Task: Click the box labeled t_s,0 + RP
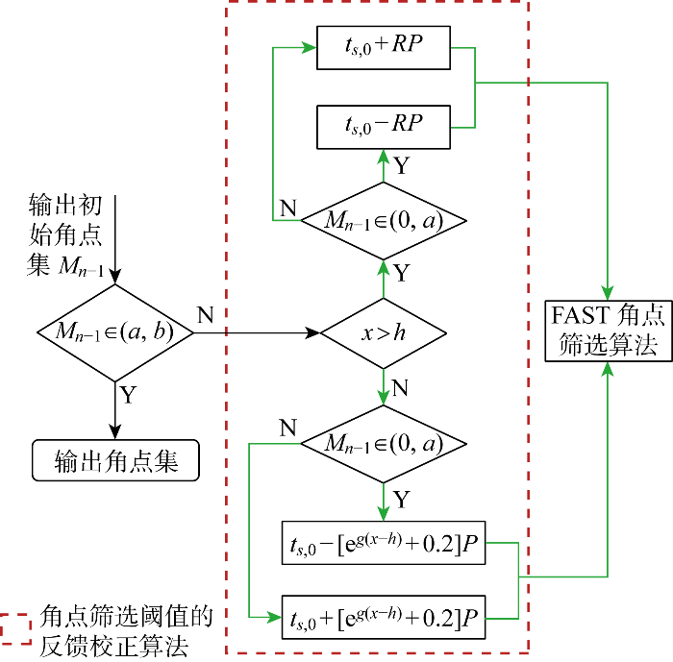pos(384,48)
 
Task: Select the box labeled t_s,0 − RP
pos(384,127)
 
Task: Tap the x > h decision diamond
pos(384,333)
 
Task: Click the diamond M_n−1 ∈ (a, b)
pos(115,332)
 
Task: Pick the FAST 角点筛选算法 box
pos(608,331)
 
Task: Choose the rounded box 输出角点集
pos(115,460)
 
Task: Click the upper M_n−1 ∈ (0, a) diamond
pos(384,221)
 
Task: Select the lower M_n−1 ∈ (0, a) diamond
pos(384,444)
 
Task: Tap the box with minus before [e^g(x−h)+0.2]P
pos(384,543)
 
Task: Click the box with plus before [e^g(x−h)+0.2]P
pos(384,618)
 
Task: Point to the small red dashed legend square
pos(16,628)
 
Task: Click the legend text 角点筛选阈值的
pos(127,616)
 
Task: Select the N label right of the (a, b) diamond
pos(205,315)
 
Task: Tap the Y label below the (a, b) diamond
pos(128,395)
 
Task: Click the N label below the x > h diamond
pos(400,388)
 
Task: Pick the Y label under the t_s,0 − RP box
pos(401,165)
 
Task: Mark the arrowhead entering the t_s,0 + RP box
pos(310,47)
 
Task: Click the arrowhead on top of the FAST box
pos(608,293)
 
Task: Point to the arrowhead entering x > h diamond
pos(312,332)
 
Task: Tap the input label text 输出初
pos(65,205)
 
